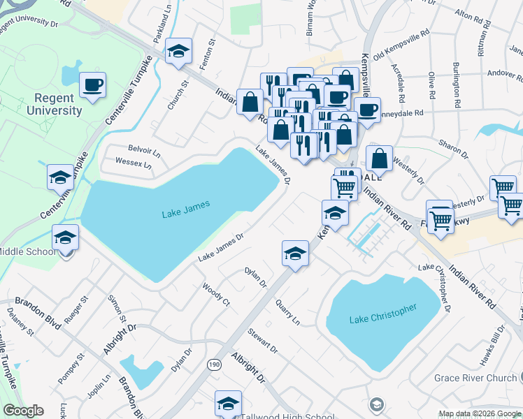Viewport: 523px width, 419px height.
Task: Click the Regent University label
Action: point(55,103)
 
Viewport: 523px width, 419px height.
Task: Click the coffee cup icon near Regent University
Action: point(92,86)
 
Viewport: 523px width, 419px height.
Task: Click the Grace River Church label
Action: point(475,378)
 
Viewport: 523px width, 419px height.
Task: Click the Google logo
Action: point(24,411)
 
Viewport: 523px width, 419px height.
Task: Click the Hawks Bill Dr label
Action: point(488,345)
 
